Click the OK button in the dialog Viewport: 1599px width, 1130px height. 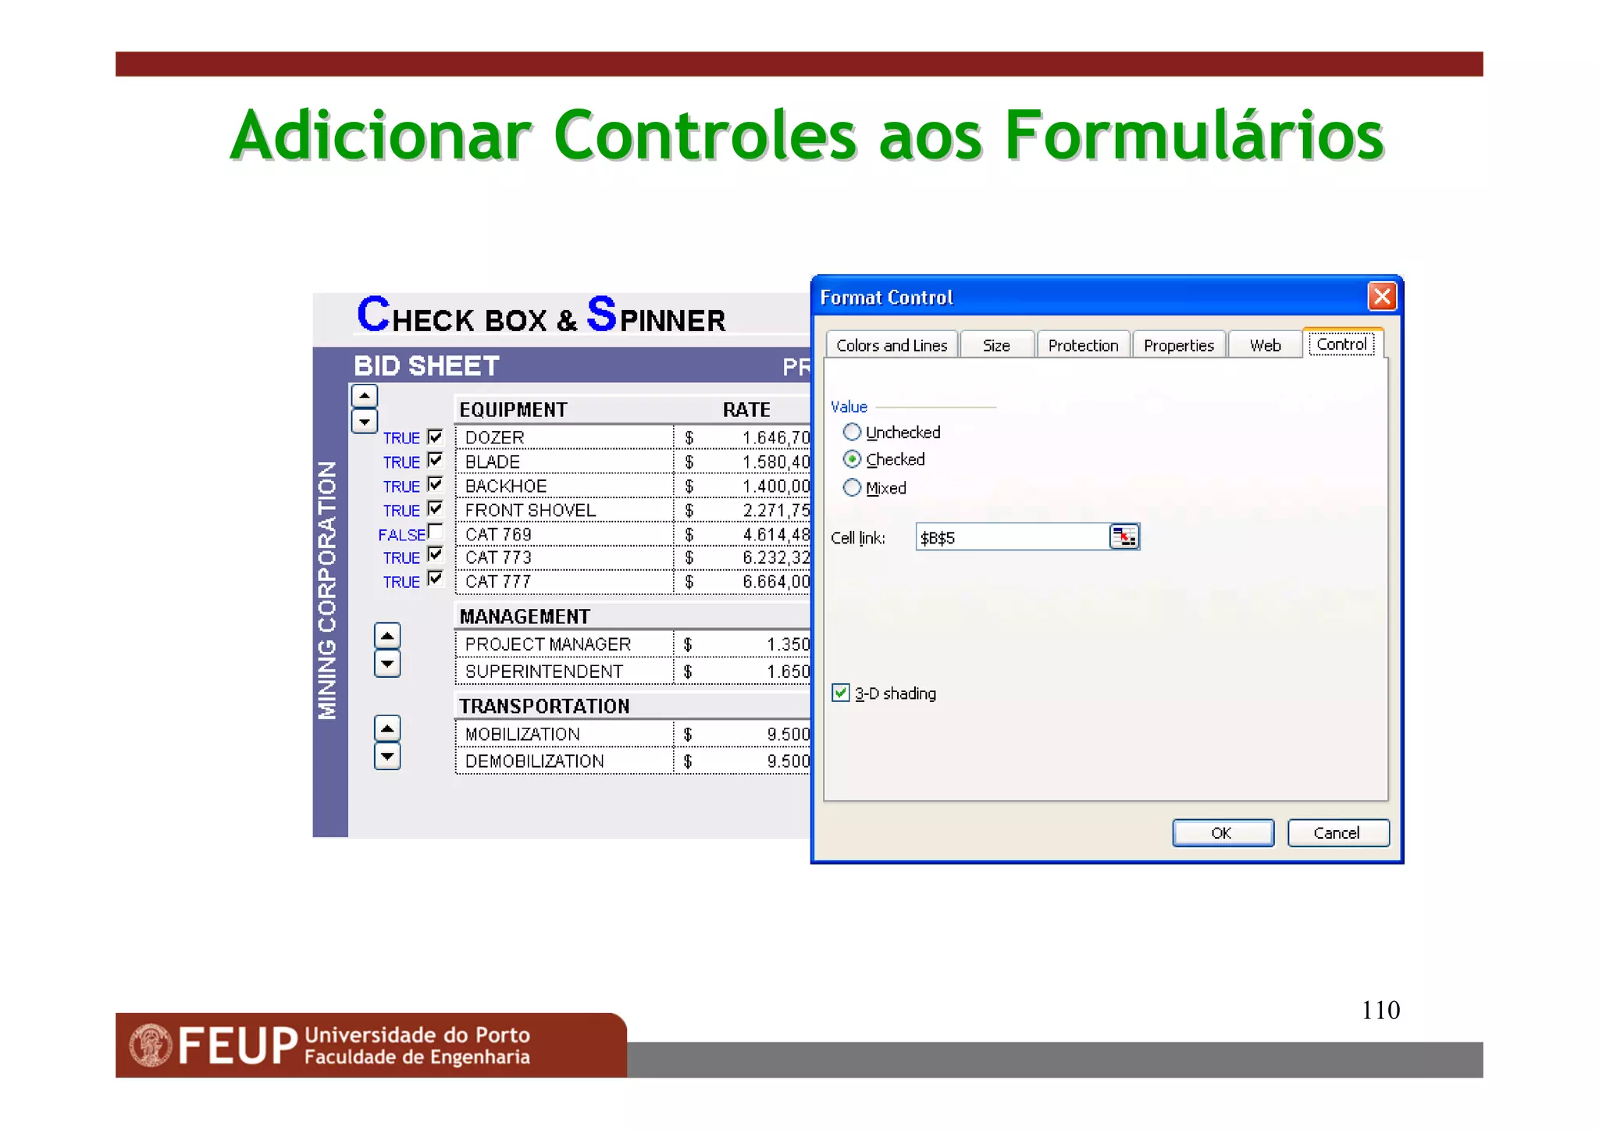tap(1222, 833)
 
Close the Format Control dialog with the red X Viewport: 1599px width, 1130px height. tap(1381, 297)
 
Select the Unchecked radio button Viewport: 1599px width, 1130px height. tap(852, 432)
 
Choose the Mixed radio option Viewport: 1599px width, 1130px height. tap(852, 488)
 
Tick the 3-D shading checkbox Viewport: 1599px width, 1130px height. tap(840, 693)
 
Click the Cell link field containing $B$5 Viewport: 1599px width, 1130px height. tap(1011, 537)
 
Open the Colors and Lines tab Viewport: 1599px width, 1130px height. tap(891, 345)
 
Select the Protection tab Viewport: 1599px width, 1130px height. tap(1082, 345)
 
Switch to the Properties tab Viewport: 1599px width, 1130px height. tap(1178, 345)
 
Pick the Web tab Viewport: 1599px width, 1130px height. tap(1264, 345)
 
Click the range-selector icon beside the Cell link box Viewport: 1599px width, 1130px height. tap(1124, 537)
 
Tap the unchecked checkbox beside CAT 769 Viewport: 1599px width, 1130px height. tap(436, 533)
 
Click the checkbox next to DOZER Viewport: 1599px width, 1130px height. tap(436, 437)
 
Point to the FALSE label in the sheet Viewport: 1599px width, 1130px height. tap(401, 535)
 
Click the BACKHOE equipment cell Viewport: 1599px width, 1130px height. tap(505, 487)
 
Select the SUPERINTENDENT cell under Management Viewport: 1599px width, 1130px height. tap(543, 672)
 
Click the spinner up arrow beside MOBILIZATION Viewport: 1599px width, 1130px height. tap(387, 728)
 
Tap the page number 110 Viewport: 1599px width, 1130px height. tap(1380, 1011)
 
